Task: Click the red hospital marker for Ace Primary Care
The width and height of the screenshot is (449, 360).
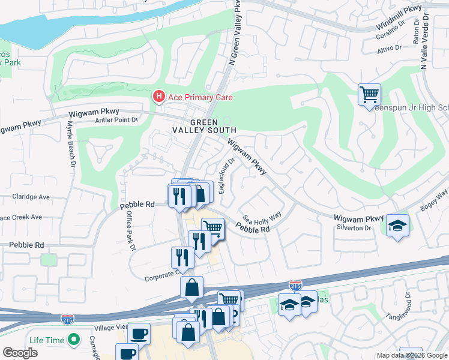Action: tap(158, 96)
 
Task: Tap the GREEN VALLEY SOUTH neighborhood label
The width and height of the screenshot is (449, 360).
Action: tap(205, 125)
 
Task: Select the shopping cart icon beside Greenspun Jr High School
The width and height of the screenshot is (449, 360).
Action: tap(369, 94)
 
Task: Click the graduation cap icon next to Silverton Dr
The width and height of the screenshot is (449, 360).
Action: tap(397, 226)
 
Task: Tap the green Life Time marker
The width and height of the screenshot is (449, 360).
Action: tap(74, 340)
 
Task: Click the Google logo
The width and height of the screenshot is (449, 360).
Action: tap(20, 353)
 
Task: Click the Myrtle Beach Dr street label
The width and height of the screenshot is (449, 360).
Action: tap(70, 145)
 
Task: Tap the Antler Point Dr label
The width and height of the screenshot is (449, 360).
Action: tap(116, 120)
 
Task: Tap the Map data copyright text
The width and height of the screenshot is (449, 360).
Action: tap(412, 355)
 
